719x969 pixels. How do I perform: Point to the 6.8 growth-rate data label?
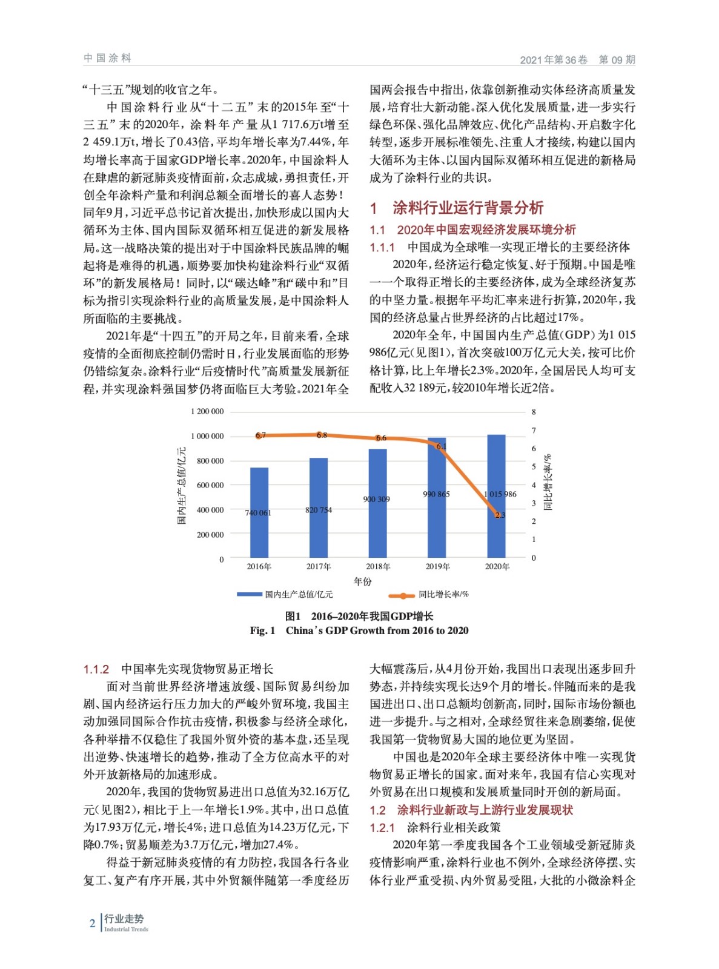tap(322, 435)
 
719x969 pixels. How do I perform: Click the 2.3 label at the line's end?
tap(500, 515)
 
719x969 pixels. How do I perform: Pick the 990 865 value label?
tap(436, 494)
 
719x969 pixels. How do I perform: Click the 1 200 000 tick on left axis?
tap(207, 411)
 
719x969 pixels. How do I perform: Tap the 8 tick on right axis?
tap(534, 412)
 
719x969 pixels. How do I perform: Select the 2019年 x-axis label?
tap(437, 567)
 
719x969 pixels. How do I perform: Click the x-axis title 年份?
tap(362, 581)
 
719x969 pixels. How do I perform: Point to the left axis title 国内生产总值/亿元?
tap(181, 486)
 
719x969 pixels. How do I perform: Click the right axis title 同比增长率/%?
tap(548, 482)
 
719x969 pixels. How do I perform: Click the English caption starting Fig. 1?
tap(359, 630)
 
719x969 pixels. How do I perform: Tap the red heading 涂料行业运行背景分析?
tap(468, 208)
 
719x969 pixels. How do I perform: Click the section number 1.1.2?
tap(96, 669)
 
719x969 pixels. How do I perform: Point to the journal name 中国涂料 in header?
tap(107, 58)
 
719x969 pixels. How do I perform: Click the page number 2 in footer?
tap(92, 924)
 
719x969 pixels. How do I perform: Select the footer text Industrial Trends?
tap(126, 929)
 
